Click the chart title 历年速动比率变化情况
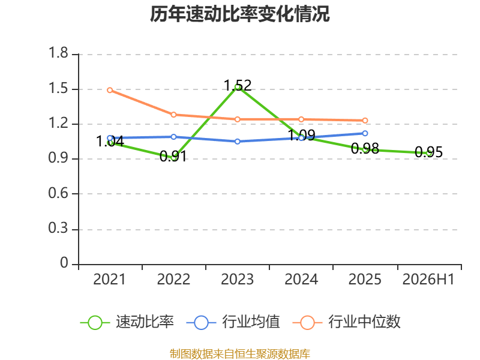click(x=239, y=14)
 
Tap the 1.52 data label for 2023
click(x=238, y=85)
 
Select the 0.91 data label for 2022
click(x=173, y=157)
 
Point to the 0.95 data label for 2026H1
click(x=428, y=152)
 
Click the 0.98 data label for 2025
click(x=365, y=149)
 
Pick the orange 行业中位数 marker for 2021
click(x=110, y=90)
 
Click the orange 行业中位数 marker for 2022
click(x=173, y=115)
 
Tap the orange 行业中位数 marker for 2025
click(x=365, y=121)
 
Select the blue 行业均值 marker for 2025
click(x=365, y=133)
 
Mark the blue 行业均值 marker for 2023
click(x=238, y=142)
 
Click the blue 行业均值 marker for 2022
click(x=173, y=137)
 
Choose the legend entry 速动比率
click(x=127, y=322)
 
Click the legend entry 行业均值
click(x=233, y=322)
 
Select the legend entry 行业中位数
click(x=347, y=322)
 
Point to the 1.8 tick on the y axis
click(x=58, y=53)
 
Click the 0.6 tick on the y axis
click(x=58, y=193)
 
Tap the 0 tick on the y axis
click(x=64, y=263)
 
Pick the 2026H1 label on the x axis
click(x=428, y=280)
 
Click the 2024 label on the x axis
click(x=301, y=280)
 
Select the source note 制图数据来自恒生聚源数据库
click(x=239, y=354)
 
